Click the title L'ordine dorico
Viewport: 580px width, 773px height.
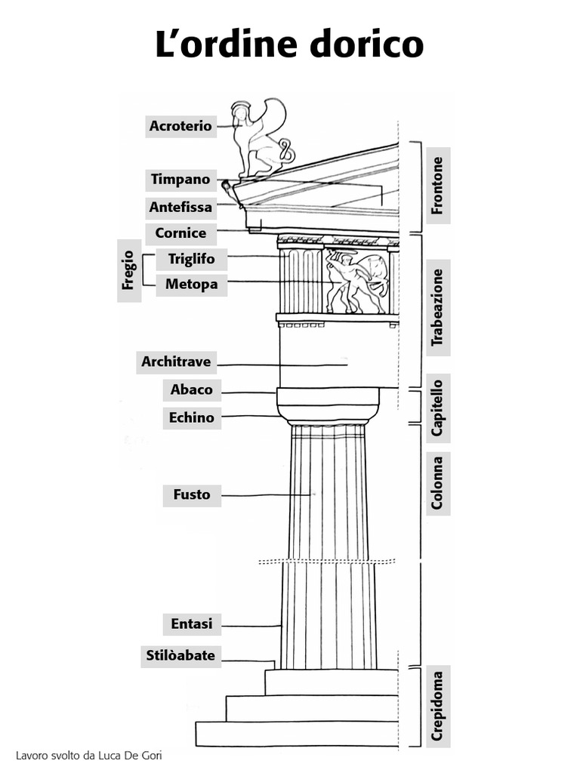coord(289,45)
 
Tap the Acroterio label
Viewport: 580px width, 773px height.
coord(180,126)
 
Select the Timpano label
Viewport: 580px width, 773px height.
coord(180,180)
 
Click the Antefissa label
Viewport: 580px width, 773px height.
coord(180,207)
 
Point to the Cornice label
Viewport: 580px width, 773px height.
coord(180,233)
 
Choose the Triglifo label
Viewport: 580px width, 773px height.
coord(191,260)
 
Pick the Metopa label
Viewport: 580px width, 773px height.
coord(191,285)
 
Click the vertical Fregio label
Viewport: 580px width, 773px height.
coord(129,270)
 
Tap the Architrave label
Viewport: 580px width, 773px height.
coord(176,362)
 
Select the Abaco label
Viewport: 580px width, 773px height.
coord(192,390)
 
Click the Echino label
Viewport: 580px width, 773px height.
coord(192,417)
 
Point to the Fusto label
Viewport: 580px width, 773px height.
coord(192,495)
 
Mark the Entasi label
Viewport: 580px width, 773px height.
coord(192,624)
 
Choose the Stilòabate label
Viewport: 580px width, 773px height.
coord(181,655)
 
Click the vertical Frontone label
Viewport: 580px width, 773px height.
coord(437,186)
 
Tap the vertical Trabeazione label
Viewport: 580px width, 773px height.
coord(437,307)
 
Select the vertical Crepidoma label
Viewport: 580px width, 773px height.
coord(437,707)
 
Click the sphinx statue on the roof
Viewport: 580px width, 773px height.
coord(258,140)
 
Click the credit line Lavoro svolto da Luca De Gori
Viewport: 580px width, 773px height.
coord(89,755)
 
